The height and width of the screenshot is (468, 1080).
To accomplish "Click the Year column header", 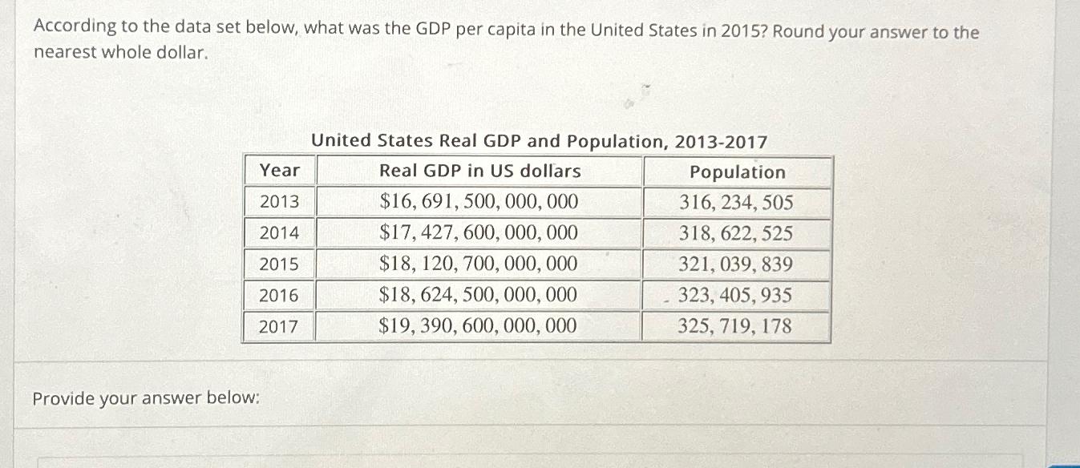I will (279, 171).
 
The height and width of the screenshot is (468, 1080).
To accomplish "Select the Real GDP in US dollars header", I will (479, 171).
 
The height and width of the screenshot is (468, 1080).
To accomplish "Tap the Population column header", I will (737, 172).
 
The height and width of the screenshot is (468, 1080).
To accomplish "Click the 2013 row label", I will (279, 201).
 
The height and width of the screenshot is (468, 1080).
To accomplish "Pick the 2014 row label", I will (279, 233).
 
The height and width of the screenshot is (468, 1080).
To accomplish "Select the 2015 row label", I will (279, 264).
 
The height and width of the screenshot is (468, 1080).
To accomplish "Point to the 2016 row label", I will (279, 296).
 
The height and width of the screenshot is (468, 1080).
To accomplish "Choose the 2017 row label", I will (279, 326).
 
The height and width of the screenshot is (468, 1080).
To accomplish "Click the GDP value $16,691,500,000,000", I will (479, 201).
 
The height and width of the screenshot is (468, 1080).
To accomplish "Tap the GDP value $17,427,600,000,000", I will (479, 233).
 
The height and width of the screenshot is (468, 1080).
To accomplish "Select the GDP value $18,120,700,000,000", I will (479, 264).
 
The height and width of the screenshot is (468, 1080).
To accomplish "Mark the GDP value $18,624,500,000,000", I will (479, 296).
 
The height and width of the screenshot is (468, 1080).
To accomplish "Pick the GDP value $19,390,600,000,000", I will (479, 326).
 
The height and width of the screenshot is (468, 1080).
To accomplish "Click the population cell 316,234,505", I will (736, 202).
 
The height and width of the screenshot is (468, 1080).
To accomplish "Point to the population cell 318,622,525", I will (736, 234).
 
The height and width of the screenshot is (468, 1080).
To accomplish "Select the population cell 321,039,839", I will (736, 264).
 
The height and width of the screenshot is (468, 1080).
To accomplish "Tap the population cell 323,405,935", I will (736, 296).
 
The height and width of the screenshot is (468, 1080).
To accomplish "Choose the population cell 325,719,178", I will (736, 326).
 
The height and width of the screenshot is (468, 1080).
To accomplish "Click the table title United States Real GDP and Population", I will (539, 142).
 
